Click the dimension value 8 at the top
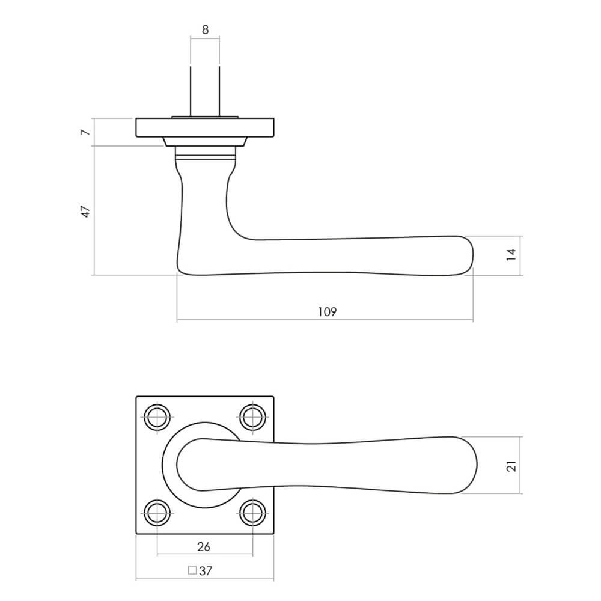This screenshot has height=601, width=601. click(x=205, y=29)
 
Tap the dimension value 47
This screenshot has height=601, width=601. click(x=85, y=210)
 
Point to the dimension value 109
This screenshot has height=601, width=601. click(x=325, y=311)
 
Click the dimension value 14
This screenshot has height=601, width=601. click(x=511, y=255)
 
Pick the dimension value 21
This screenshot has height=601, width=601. click(x=511, y=465)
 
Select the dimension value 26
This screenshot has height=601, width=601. click(x=204, y=546)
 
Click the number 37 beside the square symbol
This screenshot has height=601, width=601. click(x=206, y=571)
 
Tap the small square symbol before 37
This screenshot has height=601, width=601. click(x=192, y=570)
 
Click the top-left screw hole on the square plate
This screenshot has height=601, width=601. click(x=157, y=416)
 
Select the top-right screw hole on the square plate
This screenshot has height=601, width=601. click(x=252, y=416)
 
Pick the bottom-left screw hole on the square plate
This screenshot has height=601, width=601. click(x=157, y=513)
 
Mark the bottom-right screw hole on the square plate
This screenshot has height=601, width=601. click(x=252, y=513)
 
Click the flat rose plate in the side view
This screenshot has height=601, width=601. click(x=205, y=127)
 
